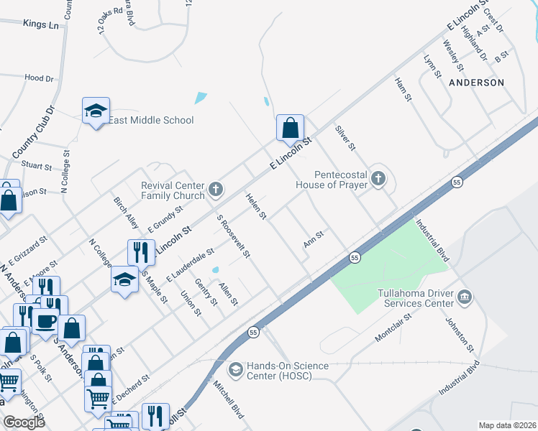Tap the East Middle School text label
pyautogui.click(x=151, y=120)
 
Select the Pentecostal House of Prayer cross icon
pyautogui.click(x=378, y=179)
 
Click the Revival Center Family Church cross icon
pyautogui.click(x=215, y=190)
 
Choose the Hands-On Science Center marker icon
pyautogui.click(x=235, y=370)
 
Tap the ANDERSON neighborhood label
pyautogui.click(x=476, y=83)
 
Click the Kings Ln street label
pyautogui.click(x=40, y=24)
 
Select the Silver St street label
pyautogui.click(x=346, y=137)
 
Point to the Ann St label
pyautogui.click(x=314, y=239)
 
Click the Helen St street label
pyautogui.click(x=256, y=206)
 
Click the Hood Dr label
pyautogui.click(x=39, y=78)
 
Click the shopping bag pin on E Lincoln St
pyautogui.click(x=288, y=129)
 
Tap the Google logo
pyautogui.click(x=24, y=422)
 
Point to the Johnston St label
pyautogui.click(x=460, y=335)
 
